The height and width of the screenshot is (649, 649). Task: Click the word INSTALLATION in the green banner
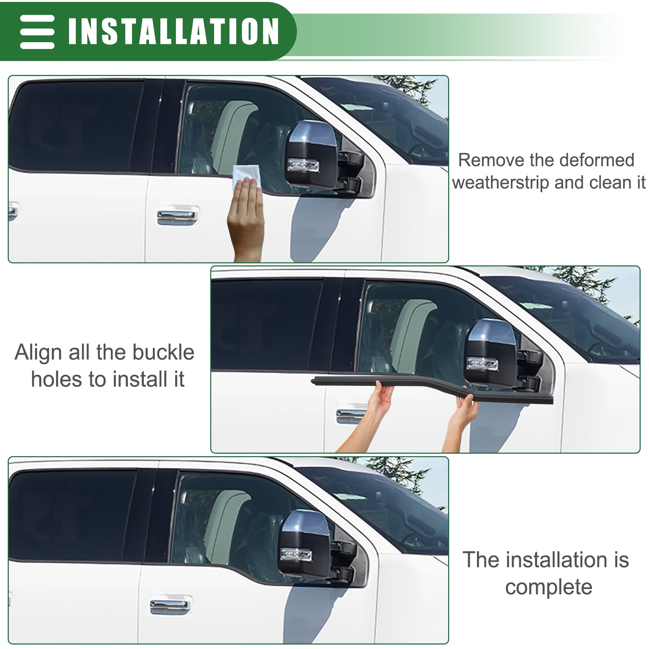click(x=173, y=31)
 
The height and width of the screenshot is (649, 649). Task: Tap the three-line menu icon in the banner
click(x=37, y=32)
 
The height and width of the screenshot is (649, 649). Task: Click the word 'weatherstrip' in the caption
click(x=501, y=182)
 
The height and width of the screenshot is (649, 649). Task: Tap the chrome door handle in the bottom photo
click(x=171, y=606)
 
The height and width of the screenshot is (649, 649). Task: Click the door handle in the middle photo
click(x=350, y=415)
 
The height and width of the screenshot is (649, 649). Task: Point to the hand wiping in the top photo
click(x=246, y=216)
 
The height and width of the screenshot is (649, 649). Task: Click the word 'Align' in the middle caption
click(x=38, y=353)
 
